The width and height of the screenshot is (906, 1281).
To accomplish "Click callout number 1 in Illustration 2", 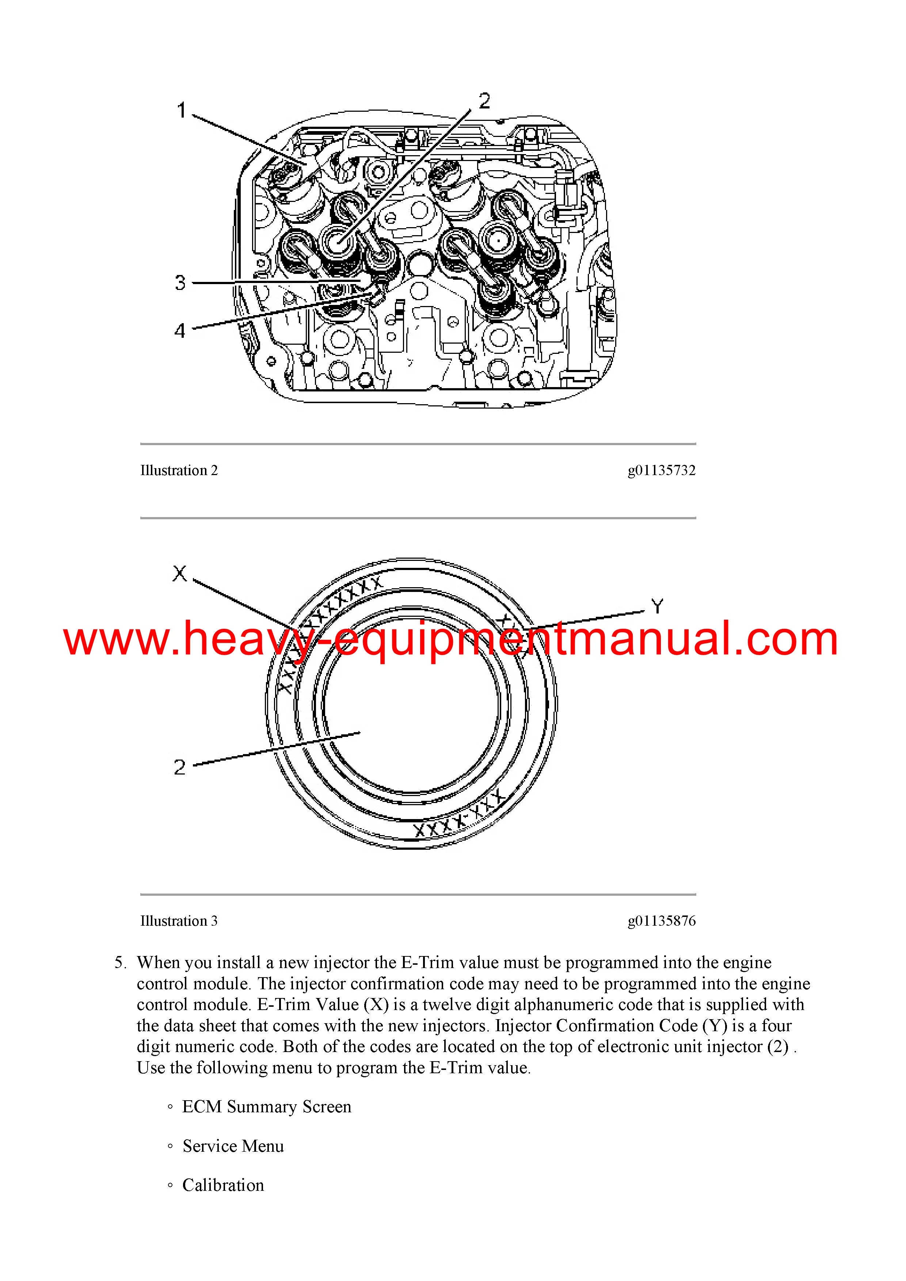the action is click(x=182, y=111).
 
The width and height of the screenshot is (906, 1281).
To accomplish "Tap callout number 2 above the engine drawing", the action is click(x=484, y=101).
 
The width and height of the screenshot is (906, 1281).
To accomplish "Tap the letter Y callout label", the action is click(x=658, y=607).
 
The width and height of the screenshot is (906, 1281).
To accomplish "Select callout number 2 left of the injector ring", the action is click(x=179, y=767).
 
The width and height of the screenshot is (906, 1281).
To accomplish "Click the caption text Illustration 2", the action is click(x=179, y=470).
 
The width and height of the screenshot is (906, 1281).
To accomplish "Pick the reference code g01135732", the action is click(x=662, y=470).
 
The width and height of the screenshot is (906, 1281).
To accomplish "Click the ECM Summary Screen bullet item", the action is click(x=267, y=1106).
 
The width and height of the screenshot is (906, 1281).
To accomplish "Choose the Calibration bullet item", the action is click(x=223, y=1185).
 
